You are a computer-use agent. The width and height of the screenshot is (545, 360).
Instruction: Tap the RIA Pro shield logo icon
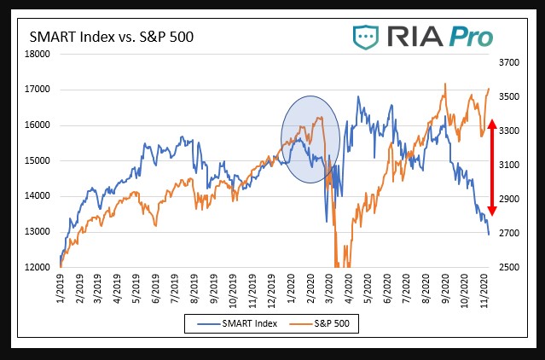(x=368, y=38)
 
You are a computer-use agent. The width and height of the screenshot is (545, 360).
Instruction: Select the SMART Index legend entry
(x=242, y=324)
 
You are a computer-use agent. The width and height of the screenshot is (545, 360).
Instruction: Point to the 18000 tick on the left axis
(x=38, y=54)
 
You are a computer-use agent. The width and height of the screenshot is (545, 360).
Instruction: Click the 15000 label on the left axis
(x=38, y=160)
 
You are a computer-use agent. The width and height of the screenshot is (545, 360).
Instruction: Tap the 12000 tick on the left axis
(x=38, y=267)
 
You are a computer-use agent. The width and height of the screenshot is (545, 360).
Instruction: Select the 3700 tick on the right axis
(x=508, y=62)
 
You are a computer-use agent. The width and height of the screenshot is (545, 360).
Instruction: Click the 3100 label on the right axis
(x=508, y=165)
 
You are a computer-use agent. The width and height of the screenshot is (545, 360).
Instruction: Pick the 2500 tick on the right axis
(x=508, y=267)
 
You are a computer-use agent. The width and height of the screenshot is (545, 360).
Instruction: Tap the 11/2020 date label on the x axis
(x=486, y=289)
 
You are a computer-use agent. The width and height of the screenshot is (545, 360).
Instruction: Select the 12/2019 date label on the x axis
(x=274, y=289)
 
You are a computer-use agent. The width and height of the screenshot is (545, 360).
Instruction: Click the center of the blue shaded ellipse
(x=310, y=137)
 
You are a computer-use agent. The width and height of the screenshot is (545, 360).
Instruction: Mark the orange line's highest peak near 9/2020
(x=445, y=84)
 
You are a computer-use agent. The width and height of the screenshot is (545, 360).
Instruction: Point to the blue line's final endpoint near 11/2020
(x=489, y=235)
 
